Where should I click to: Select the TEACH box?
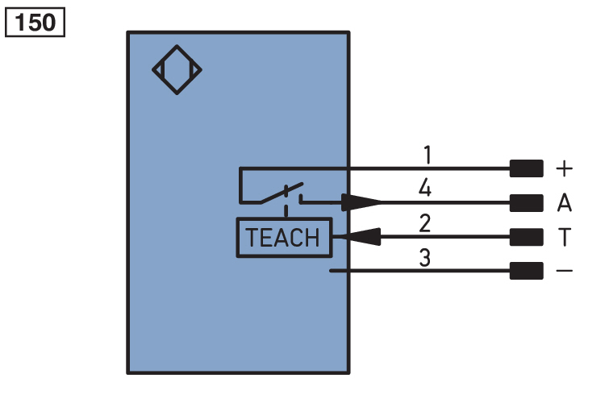tap(283, 238)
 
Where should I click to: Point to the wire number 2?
tap(425, 222)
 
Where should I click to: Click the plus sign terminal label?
tap(565, 169)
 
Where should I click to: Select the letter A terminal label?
tap(565, 203)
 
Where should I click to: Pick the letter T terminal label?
tap(564, 237)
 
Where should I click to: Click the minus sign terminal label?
tap(565, 272)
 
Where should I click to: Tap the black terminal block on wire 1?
tap(526, 168)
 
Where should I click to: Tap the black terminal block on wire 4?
tap(526, 202)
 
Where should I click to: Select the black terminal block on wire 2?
tap(526, 237)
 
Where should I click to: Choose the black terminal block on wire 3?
tap(526, 272)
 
